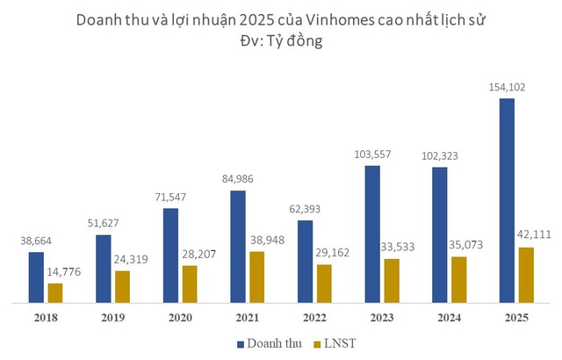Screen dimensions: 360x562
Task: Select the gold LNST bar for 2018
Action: pos(55,292)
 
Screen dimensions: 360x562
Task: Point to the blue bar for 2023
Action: pos(372,234)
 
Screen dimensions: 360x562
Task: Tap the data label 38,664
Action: pos(36,241)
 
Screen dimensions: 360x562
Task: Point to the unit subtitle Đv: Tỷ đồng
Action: pos(281,40)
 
